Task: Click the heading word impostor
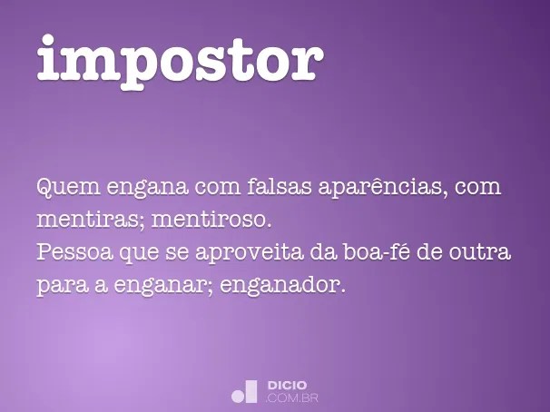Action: (x=180, y=59)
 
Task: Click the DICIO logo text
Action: (x=289, y=386)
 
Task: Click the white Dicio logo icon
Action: (x=245, y=391)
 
